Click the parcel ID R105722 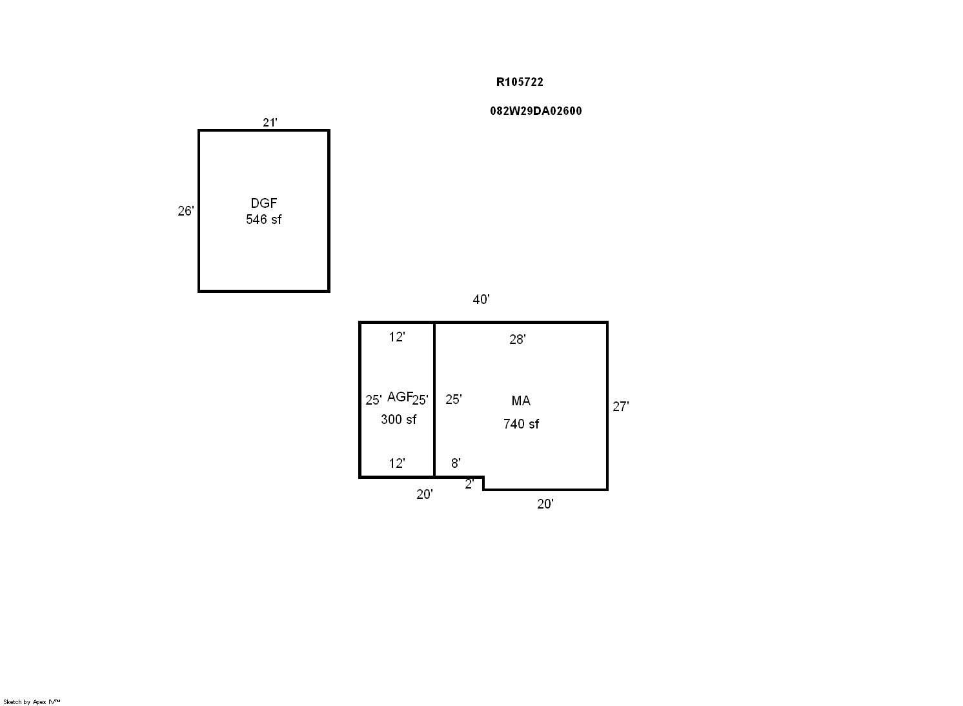tap(520, 82)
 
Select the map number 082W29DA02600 tap(536, 111)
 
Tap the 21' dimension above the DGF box tap(270, 123)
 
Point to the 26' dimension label tap(186, 210)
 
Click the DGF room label tap(263, 203)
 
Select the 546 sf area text tap(263, 219)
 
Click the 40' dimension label tap(481, 299)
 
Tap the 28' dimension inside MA tap(518, 339)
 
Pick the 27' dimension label tap(621, 407)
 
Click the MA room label tap(521, 401)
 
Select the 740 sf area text tap(521, 424)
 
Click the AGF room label tap(400, 396)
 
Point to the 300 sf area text tap(398, 419)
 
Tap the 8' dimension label tap(456, 463)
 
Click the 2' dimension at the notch tap(469, 484)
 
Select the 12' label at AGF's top tap(397, 337)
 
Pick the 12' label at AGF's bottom tap(397, 463)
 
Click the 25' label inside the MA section tap(454, 399)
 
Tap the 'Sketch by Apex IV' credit tap(32, 701)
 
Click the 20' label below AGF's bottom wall tap(424, 494)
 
